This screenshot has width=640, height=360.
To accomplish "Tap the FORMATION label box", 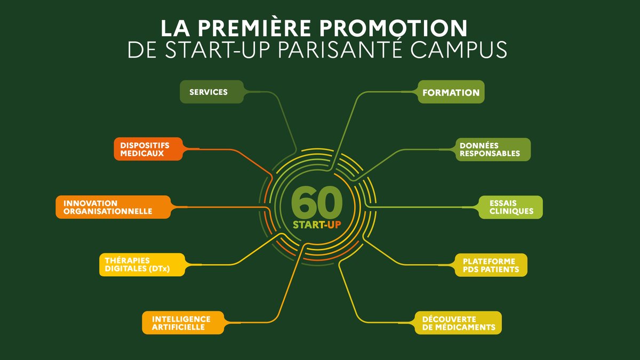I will pos(451,92).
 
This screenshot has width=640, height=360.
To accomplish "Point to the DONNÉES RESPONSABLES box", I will pos(489,149).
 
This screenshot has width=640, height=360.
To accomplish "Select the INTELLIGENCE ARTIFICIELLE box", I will pos(181,323).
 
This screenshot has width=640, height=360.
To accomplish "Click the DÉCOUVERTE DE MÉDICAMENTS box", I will pos(458,323).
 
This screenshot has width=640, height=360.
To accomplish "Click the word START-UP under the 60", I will pos(317,225).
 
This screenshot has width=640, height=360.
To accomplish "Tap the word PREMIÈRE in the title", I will pos(246,28).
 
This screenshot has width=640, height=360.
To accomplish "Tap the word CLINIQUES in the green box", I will pos(511,211).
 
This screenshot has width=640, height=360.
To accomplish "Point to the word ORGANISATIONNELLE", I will pos(107,211).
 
